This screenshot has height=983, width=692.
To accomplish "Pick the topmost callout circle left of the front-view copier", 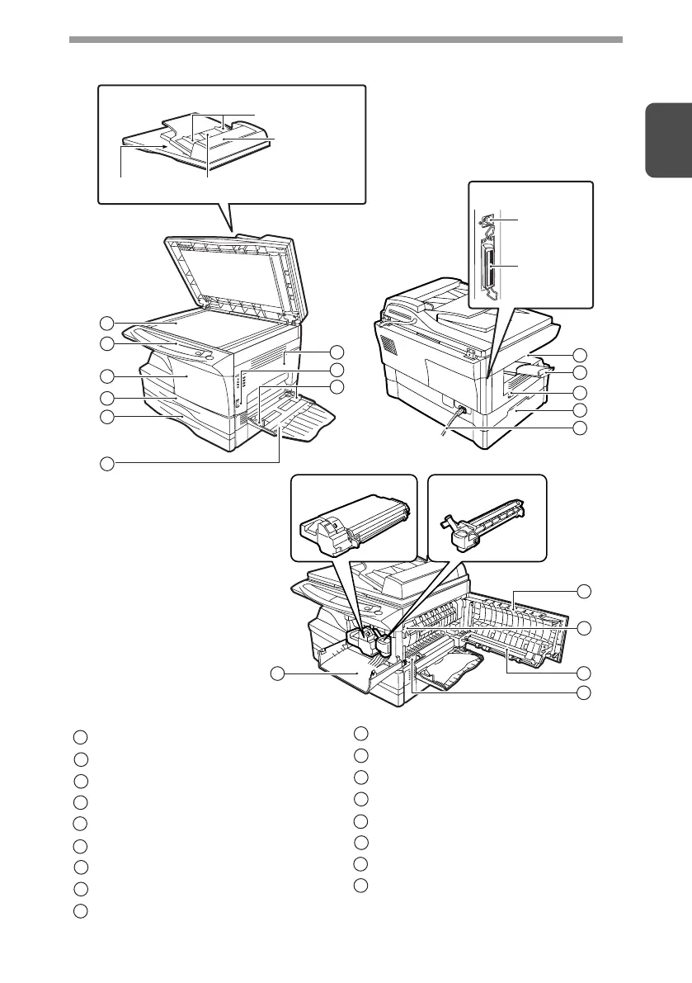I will tap(106, 322).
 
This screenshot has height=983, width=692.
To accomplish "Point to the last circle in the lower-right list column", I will tap(360, 886).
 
